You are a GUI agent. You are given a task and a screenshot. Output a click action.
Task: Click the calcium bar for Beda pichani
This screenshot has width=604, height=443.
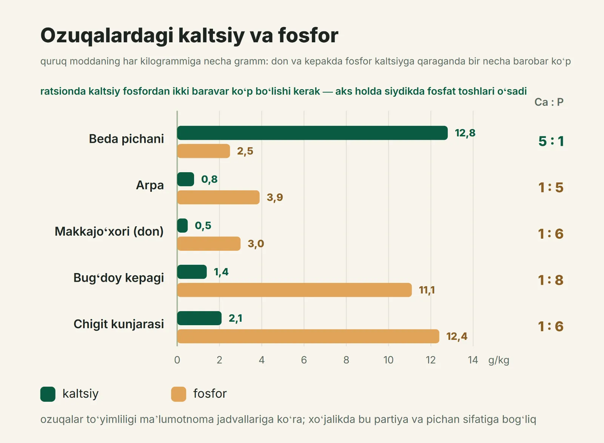(312, 133)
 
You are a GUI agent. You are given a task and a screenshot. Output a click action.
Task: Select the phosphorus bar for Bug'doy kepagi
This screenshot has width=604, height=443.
(294, 290)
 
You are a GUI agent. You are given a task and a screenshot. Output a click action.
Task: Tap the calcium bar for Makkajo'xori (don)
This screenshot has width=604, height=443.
(182, 225)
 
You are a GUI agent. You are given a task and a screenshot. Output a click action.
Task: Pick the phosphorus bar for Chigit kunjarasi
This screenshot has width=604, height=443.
(308, 336)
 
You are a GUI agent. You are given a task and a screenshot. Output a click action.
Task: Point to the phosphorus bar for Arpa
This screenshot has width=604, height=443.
(219, 197)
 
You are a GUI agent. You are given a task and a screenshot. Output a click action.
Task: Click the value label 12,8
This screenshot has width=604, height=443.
(465, 133)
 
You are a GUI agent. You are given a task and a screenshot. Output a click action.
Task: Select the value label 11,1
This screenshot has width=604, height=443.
(427, 290)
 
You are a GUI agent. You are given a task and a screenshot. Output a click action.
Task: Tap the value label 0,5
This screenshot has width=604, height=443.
(203, 225)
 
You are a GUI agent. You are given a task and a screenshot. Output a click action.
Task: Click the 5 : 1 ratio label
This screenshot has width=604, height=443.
(551, 141)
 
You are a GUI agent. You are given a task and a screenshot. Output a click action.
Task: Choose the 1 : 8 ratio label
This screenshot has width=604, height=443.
(551, 280)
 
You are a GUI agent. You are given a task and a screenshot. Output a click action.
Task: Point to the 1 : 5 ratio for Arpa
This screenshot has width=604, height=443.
(551, 187)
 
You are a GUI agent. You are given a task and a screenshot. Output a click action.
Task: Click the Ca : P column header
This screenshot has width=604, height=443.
(549, 102)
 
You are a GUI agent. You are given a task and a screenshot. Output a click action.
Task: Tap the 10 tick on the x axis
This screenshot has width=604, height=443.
(388, 360)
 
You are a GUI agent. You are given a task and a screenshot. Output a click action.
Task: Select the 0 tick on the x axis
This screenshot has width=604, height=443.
(177, 360)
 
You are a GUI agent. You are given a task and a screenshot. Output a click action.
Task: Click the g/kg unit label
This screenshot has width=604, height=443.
(499, 360)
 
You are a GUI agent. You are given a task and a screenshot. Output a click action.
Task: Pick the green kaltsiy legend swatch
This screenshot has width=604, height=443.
(48, 394)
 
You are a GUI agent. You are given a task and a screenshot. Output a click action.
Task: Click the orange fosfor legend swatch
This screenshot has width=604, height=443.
(179, 394)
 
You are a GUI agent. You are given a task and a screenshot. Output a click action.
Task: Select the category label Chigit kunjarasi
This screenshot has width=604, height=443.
(119, 324)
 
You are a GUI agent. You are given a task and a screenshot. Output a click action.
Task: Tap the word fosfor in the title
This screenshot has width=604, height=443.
(308, 36)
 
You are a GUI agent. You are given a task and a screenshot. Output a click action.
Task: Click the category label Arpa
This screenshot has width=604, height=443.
(150, 185)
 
